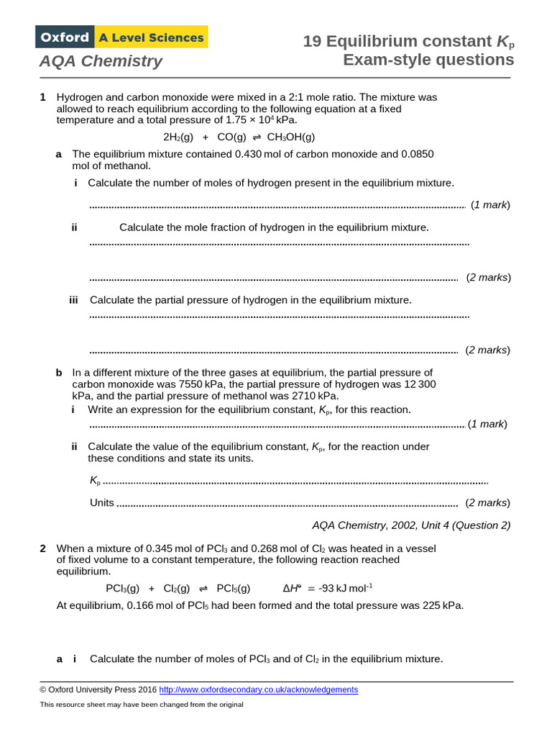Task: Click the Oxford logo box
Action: click(64, 37)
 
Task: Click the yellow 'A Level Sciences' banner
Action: click(151, 37)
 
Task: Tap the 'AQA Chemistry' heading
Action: click(101, 61)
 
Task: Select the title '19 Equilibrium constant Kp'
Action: click(408, 42)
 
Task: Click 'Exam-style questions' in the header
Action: click(428, 60)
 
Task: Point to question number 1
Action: click(43, 97)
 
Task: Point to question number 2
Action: click(43, 548)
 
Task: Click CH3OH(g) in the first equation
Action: click(291, 137)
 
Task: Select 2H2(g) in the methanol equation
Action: click(178, 137)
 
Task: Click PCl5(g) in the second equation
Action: click(234, 588)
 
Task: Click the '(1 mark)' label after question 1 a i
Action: click(490, 205)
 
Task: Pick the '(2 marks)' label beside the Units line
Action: click(488, 502)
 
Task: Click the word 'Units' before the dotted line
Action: click(102, 502)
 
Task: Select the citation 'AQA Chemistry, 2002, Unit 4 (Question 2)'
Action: click(411, 525)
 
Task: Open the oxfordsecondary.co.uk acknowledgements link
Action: click(258, 689)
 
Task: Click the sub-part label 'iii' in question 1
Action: click(73, 299)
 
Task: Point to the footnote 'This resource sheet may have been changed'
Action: click(142, 705)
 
